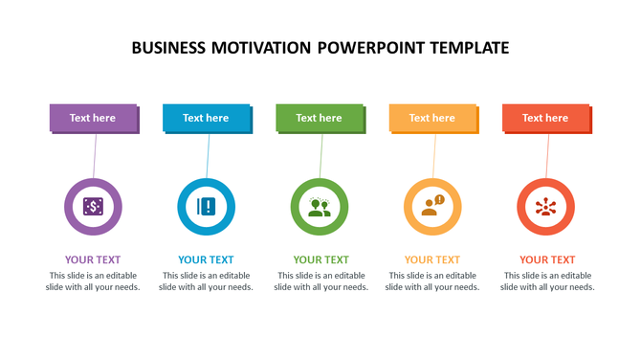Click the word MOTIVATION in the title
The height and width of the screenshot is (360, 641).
click(259, 48)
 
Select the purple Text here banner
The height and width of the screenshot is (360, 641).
click(93, 118)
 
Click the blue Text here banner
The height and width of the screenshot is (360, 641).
click(206, 118)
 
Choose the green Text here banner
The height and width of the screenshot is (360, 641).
click(319, 118)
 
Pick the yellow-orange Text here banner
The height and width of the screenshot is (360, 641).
click(432, 118)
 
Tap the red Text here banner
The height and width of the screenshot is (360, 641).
click(545, 118)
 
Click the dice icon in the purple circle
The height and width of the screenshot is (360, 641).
click(93, 207)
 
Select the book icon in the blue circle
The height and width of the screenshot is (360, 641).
click(206, 207)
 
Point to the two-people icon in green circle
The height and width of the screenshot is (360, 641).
click(319, 207)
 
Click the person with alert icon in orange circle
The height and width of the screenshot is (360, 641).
click(432, 207)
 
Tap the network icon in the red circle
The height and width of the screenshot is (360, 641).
click(545, 207)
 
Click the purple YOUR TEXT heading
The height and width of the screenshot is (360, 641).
click(93, 259)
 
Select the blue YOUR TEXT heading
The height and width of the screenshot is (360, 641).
click(206, 259)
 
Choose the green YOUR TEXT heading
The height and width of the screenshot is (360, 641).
click(320, 259)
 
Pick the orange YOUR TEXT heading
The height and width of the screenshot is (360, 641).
click(432, 259)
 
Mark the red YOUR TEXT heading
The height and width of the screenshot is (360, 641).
click(547, 259)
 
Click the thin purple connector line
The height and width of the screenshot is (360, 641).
click(94, 155)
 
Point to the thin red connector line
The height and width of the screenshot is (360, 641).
click(547, 155)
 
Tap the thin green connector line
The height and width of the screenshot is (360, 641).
click(320, 155)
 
